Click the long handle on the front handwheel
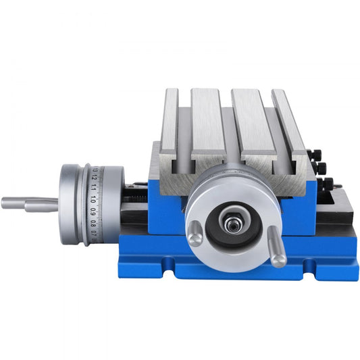(277, 246)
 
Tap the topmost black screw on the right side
(313, 154)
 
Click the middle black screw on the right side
(319, 168)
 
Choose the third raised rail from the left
(251, 122)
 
